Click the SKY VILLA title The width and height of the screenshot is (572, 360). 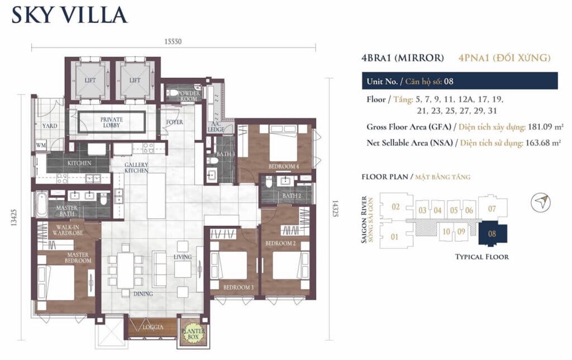[69, 15]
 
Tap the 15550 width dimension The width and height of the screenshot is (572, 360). [173, 41]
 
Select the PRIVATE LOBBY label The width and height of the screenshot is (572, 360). [112, 122]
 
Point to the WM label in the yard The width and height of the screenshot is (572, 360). [41, 145]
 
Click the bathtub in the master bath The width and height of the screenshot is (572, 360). [42, 205]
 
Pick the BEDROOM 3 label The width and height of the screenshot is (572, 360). [237, 287]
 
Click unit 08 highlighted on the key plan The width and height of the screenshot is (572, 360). [492, 234]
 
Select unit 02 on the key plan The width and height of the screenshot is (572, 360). [395, 207]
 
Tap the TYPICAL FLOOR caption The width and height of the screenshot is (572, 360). [482, 257]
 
